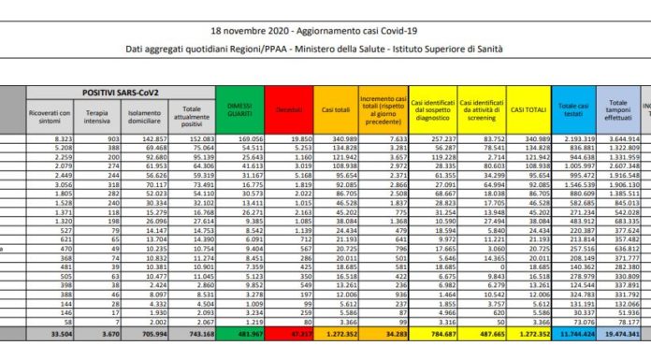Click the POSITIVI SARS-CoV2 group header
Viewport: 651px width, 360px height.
tap(120, 94)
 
